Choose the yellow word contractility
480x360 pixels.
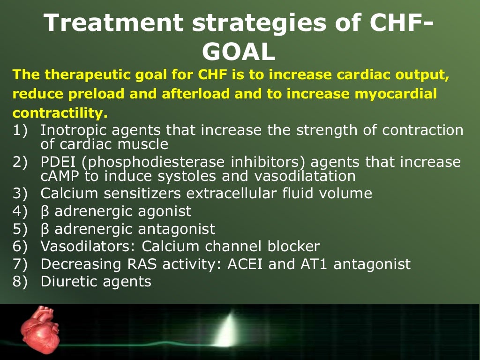click(x=60, y=113)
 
